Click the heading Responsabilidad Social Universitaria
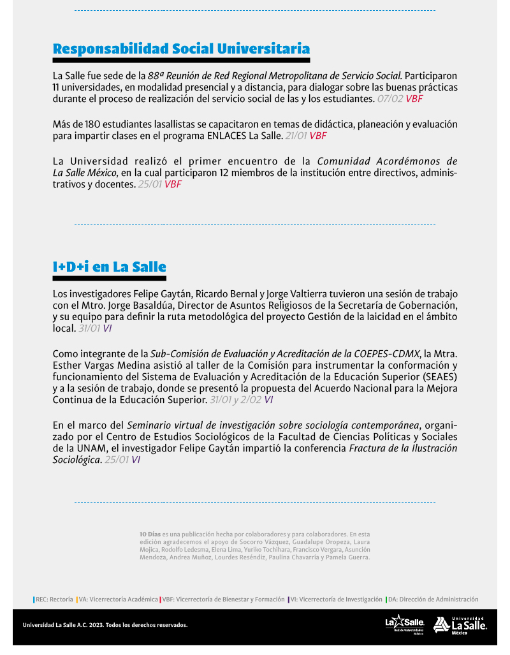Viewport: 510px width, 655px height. pyautogui.click(x=181, y=49)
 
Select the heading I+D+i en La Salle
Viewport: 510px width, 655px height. pyautogui.click(x=109, y=267)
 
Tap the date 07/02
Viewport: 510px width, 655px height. pyautogui.click(x=390, y=99)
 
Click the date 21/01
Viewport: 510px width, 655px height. pyautogui.click(x=296, y=135)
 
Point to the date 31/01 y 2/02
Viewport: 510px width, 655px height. pyautogui.click(x=235, y=400)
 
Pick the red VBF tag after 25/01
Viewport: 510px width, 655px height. pyautogui.click(x=173, y=184)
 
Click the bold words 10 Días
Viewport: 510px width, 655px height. pyautogui.click(x=150, y=533)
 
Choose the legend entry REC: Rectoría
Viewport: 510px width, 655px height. pyautogui.click(x=54, y=600)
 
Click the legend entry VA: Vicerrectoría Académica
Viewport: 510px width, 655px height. pyautogui.click(x=119, y=600)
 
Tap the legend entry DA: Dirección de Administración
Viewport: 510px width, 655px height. pyautogui.click(x=433, y=600)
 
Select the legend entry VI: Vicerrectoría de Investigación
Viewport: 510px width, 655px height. pyautogui.click(x=336, y=600)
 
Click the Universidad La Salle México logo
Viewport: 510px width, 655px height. pyautogui.click(x=460, y=625)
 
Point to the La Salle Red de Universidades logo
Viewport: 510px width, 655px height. pyautogui.click(x=404, y=625)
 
